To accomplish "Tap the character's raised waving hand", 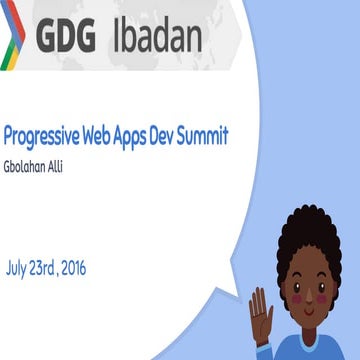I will [x=261, y=311].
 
